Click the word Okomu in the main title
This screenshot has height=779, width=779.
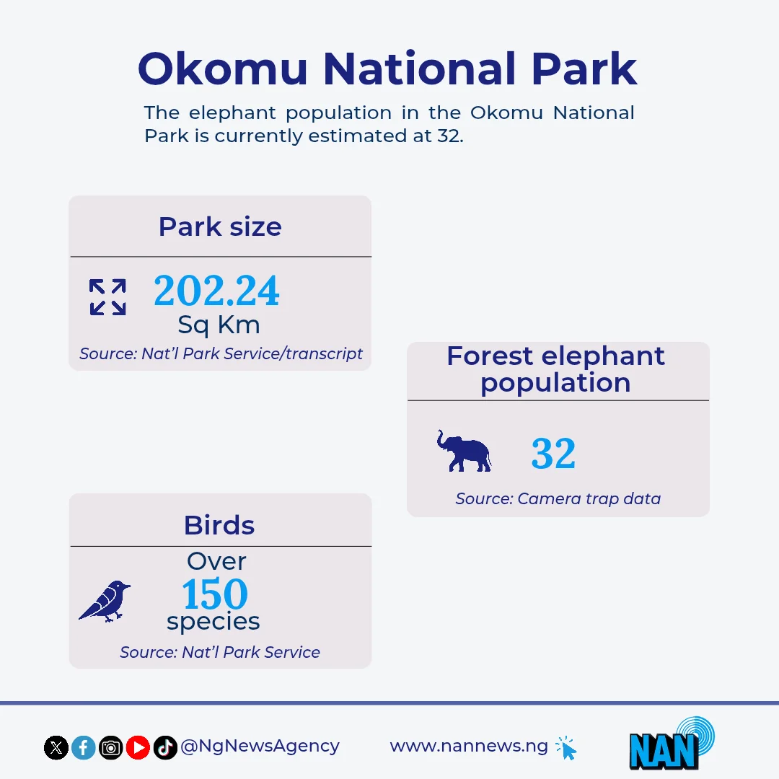(223, 69)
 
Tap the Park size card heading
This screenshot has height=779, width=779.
(220, 227)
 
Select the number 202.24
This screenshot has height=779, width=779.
(216, 291)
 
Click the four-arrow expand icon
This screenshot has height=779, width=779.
(107, 297)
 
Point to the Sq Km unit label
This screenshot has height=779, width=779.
(219, 325)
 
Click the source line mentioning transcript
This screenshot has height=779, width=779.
(221, 353)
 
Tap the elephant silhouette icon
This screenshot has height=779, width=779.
(464, 451)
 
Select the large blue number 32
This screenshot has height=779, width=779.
(553, 453)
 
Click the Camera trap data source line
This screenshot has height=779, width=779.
(558, 499)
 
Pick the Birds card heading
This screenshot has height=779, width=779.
(219, 525)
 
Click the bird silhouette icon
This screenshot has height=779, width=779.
(105, 601)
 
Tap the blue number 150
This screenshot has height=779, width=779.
(215, 594)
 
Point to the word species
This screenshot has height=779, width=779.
(213, 622)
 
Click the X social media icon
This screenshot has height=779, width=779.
(56, 747)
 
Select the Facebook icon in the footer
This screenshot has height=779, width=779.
(84, 747)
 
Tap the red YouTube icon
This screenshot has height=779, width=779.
(138, 747)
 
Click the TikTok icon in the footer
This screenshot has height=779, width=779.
(165, 747)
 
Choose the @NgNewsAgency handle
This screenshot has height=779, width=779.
(260, 747)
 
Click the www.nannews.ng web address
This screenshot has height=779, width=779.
(469, 747)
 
